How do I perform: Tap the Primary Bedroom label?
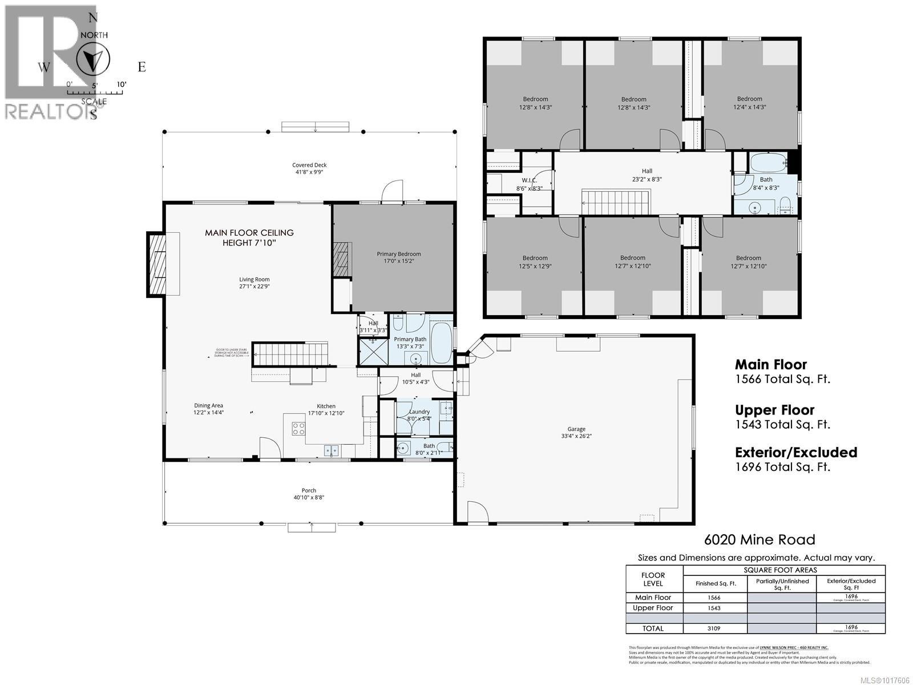398,254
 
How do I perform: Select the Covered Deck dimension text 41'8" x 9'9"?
309,171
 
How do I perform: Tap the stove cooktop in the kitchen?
298,429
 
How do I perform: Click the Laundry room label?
419,412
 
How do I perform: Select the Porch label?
309,490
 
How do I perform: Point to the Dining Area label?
208,405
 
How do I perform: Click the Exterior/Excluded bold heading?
795,452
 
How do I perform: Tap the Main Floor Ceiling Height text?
249,237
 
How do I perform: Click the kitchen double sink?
332,450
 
